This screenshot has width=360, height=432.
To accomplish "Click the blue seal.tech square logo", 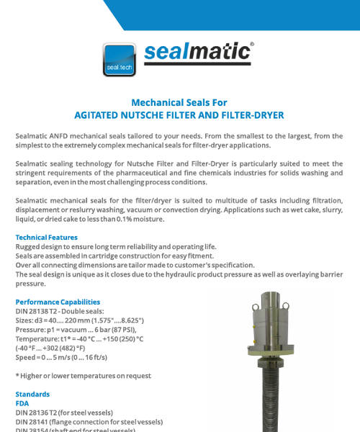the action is point(119,60).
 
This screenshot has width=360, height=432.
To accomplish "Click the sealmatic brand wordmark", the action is point(197,53).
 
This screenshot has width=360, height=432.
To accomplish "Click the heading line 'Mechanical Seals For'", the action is point(179,102).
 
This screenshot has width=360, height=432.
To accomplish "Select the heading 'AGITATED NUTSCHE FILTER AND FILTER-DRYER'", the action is point(179,114).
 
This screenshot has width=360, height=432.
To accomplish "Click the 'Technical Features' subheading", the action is point(47,238).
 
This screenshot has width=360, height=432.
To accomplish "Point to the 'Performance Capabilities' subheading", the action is point(58,302).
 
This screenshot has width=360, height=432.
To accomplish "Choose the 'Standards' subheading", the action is point(32,395).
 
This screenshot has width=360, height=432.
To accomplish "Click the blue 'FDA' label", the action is point(22,404).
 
